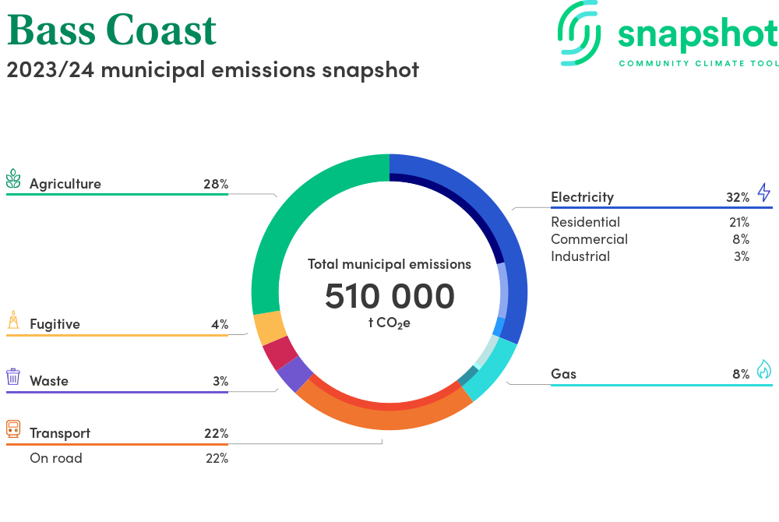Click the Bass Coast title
111,30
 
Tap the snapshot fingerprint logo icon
580,33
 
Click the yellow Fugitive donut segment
270,328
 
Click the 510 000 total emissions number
389,296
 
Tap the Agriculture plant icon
13,178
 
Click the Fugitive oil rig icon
13,320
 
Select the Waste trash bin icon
13,377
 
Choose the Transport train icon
13,429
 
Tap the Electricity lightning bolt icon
763,192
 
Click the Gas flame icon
763,369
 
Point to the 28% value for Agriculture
216,185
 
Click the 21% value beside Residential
739,222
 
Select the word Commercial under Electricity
589,239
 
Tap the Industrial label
580,256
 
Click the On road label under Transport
56,458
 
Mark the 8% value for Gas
741,374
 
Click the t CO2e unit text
389,323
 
